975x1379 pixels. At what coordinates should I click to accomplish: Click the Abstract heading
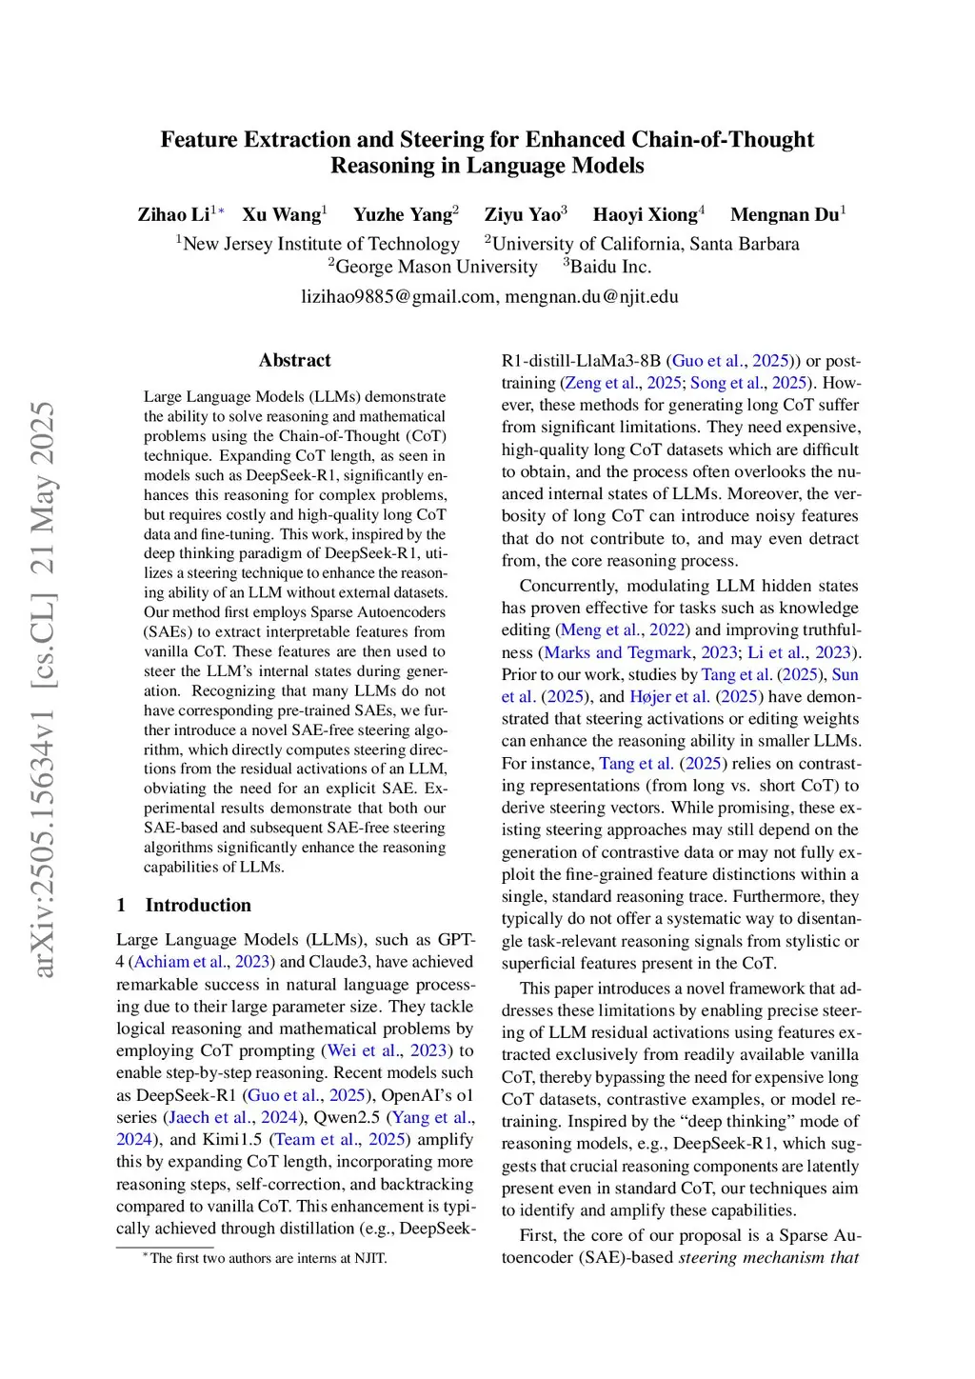tap(294, 360)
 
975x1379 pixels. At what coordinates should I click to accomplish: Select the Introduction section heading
tap(197, 905)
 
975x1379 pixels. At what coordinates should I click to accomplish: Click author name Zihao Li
tap(173, 214)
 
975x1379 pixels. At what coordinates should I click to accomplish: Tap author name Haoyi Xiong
tap(645, 214)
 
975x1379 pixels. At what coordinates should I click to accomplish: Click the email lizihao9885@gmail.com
tap(399, 296)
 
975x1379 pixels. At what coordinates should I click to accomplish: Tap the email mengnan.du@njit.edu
tap(591, 296)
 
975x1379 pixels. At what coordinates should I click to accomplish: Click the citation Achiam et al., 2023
tap(202, 962)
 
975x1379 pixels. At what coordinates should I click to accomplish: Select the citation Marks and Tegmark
tap(618, 652)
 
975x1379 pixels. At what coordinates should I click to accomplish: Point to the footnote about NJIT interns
tap(268, 1258)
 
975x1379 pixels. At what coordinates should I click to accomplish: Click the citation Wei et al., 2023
tap(387, 1050)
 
